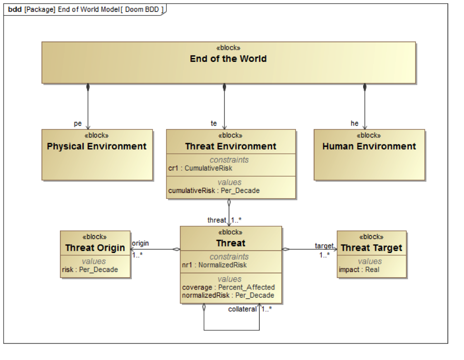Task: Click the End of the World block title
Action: tap(228, 59)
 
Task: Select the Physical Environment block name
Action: tap(97, 146)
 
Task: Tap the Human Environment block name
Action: tap(369, 146)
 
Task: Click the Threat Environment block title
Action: tap(231, 146)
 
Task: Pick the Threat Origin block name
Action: tap(95, 248)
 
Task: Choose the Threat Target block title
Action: tap(371, 248)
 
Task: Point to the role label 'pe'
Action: tap(78, 124)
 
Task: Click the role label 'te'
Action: tap(214, 124)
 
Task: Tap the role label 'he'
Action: tap(355, 124)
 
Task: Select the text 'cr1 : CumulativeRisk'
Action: tap(200, 168)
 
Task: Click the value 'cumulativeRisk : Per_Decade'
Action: tap(214, 191)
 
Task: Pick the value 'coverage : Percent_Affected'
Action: tap(228, 287)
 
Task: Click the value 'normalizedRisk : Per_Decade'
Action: tap(228, 295)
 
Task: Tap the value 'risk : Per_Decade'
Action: tap(89, 270)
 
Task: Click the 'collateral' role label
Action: tap(242, 309)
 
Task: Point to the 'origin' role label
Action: tap(140, 243)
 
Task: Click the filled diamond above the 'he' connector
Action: tap(365, 88)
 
